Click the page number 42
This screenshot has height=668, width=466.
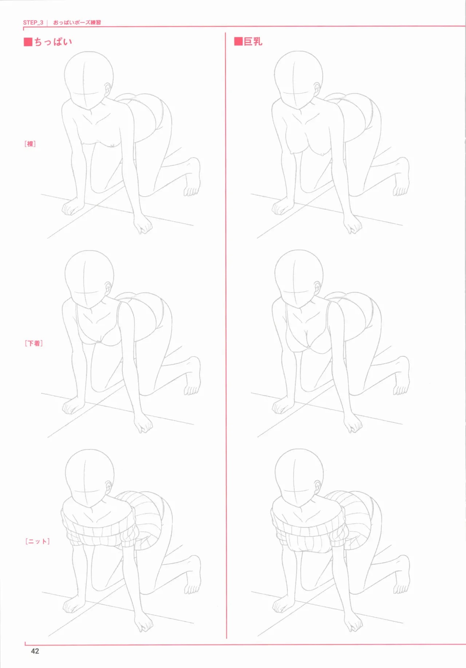tap(35, 651)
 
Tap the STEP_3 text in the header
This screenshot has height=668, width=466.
tap(33, 23)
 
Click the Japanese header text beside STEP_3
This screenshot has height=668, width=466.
tap(77, 23)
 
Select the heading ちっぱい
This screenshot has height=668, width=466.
tap(53, 42)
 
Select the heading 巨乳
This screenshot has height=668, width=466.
tap(253, 41)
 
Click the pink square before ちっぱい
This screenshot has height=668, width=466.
tap(28, 42)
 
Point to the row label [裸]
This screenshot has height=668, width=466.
tap(30, 144)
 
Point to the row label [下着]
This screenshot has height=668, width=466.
tap(34, 343)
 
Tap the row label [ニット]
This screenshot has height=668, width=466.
tap(37, 541)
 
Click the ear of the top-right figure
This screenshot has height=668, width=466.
tap(317, 88)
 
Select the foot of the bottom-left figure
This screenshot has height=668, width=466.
tap(193, 575)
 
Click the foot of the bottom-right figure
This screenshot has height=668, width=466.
tap(402, 575)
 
